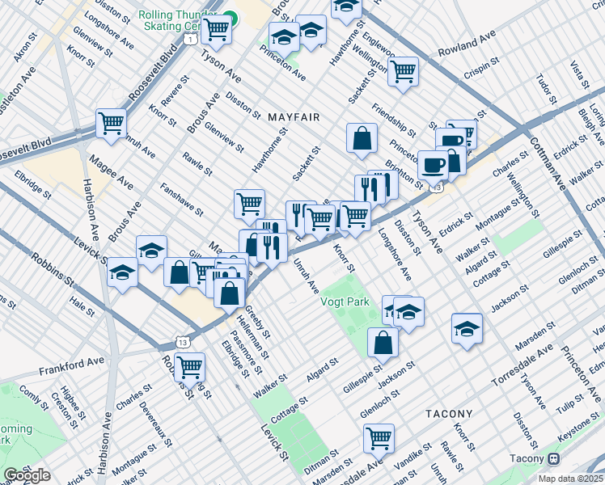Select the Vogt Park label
pyautogui.click(x=345, y=302)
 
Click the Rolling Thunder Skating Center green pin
pyautogui.click(x=231, y=16)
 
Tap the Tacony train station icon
pyautogui.click(x=554, y=458)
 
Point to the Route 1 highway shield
pyautogui.click(x=189, y=38)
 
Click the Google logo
pyautogui.click(x=27, y=475)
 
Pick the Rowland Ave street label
pyautogui.click(x=467, y=46)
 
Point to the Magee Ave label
pyautogui.click(x=112, y=171)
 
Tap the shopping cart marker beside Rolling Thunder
pyautogui.click(x=216, y=29)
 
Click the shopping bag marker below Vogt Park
pyautogui.click(x=383, y=342)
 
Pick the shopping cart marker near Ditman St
pyautogui.click(x=379, y=438)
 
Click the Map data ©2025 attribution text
pyautogui.click(x=570, y=479)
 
